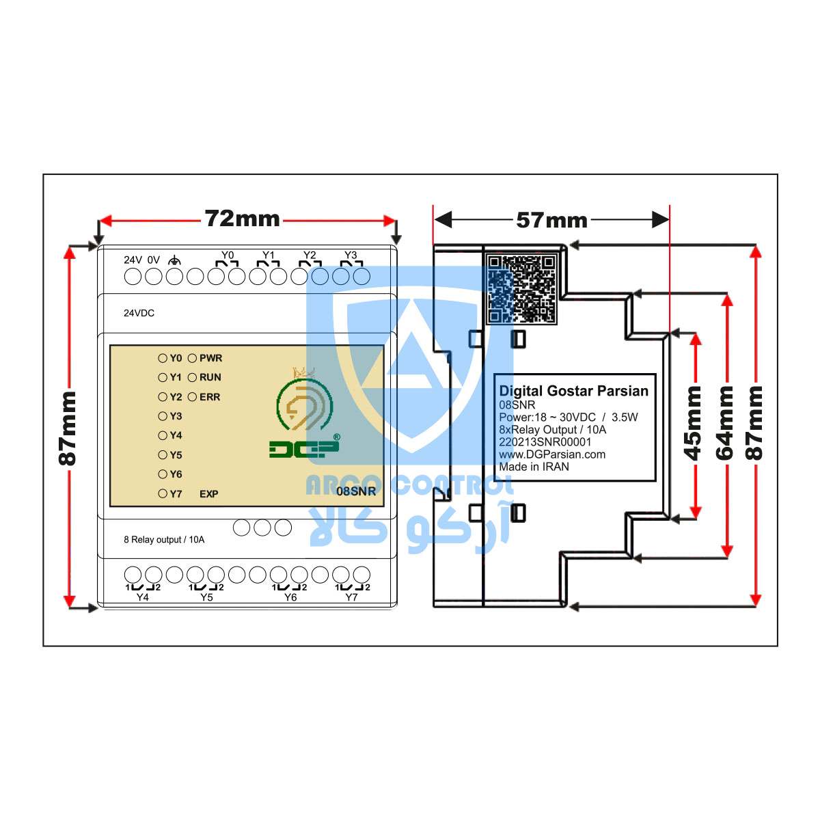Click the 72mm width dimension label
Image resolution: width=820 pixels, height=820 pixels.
(242, 219)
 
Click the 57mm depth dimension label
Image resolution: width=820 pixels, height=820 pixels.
(551, 221)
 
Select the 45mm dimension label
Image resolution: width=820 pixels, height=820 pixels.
(692, 424)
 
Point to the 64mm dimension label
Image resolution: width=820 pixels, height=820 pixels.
(724, 424)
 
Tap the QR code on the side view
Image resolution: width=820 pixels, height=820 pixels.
(521, 288)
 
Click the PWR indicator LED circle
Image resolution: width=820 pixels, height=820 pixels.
(192, 358)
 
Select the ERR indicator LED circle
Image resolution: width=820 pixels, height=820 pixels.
(192, 397)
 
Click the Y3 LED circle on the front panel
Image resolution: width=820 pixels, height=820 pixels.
(163, 416)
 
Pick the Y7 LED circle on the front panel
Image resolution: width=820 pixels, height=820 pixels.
(163, 493)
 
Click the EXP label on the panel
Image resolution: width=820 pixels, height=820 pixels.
(208, 494)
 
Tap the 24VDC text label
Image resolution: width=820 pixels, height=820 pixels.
(139, 313)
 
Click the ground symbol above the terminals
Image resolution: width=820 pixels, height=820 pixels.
(174, 260)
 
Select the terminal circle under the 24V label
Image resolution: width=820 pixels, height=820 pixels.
(133, 277)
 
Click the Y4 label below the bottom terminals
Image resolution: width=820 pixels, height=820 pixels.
(143, 597)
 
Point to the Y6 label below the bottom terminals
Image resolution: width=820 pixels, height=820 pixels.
(290, 597)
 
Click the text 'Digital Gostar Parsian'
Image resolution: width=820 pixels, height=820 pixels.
(573, 391)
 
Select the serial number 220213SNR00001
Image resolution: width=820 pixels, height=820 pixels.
(545, 442)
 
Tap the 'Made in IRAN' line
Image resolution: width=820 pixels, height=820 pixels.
(534, 467)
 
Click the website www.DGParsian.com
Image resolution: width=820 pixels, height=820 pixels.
(552, 454)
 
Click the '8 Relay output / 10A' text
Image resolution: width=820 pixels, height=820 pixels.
(164, 540)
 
